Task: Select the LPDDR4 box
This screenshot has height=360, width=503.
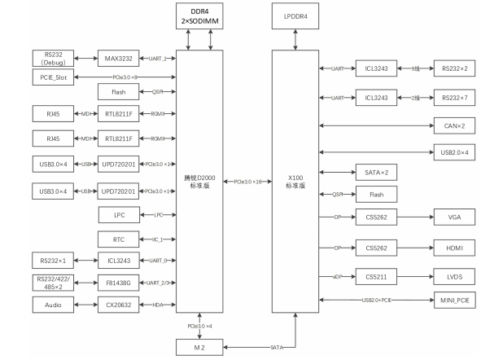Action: coord(295,16)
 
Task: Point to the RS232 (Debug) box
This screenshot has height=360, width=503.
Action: coord(54,58)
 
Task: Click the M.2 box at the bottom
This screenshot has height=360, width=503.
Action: coord(199,346)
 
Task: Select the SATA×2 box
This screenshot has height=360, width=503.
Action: coord(376,173)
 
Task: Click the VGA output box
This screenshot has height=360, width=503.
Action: coord(455,218)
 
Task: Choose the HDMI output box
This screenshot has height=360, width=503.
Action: coord(455,247)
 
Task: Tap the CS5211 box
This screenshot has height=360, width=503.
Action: coord(376,276)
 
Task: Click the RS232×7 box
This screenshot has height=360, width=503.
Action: coord(455,98)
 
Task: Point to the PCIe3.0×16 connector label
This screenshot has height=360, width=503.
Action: coord(247,181)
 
